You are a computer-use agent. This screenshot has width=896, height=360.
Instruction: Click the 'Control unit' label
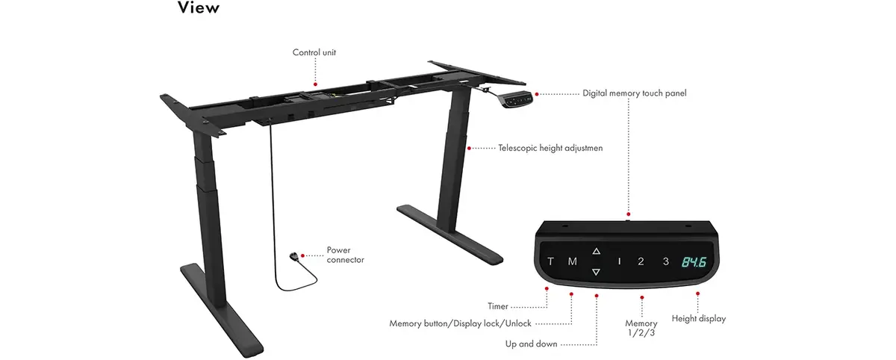pos(314,52)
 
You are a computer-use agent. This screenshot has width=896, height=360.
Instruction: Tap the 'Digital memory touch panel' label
pos(635,93)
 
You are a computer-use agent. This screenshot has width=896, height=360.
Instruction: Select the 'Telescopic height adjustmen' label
pos(550,148)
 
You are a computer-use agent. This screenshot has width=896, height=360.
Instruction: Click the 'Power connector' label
pos(345,255)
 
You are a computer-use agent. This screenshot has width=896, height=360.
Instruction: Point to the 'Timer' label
pos(497,306)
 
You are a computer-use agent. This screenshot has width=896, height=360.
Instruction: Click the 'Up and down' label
pos(531,344)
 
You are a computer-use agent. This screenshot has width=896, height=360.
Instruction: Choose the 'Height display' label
pos(699,319)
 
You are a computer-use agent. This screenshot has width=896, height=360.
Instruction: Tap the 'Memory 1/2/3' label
pos(641,328)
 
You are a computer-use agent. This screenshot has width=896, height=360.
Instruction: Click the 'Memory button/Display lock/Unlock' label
pos(461,323)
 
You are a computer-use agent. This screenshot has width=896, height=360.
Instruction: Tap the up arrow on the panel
pos(597,251)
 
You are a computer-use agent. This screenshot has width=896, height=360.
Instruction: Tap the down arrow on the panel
pos(596,272)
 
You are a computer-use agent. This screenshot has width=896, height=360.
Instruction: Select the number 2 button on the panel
pos(641,261)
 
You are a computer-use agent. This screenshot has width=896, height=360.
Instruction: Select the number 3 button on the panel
pos(665,261)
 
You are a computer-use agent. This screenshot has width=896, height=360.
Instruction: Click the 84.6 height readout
pos(694,262)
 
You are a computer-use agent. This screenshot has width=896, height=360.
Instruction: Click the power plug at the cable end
pos(294,256)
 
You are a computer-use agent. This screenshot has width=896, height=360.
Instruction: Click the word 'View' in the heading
pos(199,7)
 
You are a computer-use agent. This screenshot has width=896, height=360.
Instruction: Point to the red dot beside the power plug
pos(303,255)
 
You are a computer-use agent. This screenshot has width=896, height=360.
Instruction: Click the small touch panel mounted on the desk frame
pos(517,100)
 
